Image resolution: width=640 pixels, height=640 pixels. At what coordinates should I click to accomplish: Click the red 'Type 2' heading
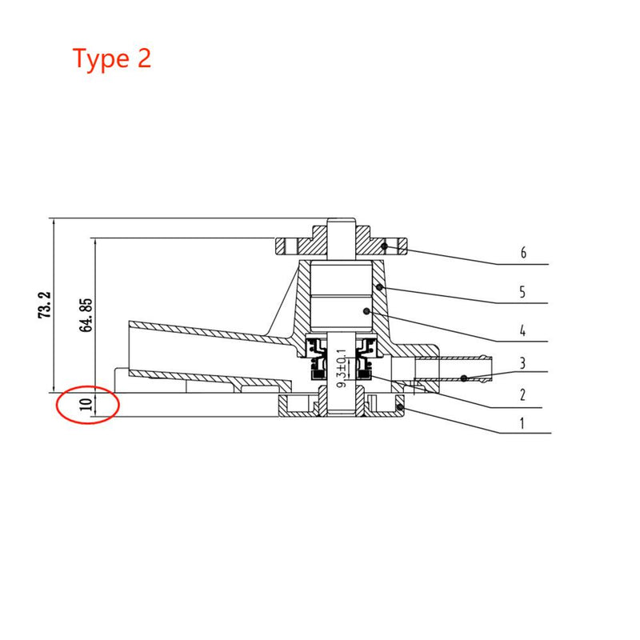pyautogui.click(x=112, y=58)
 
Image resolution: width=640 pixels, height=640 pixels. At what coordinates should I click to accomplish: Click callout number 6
pyautogui.click(x=522, y=254)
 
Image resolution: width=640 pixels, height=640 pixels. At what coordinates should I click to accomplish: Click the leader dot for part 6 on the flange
pyautogui.click(x=385, y=246)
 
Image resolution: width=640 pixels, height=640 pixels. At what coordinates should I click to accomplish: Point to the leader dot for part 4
pyautogui.click(x=366, y=311)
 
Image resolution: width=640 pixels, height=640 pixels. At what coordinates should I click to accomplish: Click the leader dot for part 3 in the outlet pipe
pyautogui.click(x=463, y=377)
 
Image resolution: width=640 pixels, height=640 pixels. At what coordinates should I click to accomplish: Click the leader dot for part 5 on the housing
pyautogui.click(x=380, y=286)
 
